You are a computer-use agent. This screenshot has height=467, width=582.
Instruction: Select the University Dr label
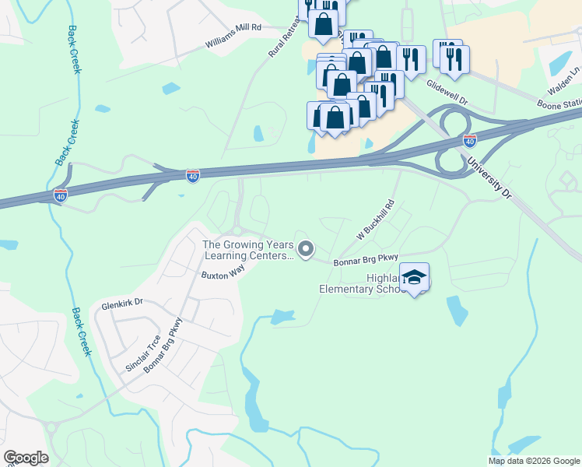(489, 178)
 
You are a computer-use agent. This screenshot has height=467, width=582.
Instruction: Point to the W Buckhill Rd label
(377, 219)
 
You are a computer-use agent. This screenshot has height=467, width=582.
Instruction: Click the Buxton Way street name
(223, 275)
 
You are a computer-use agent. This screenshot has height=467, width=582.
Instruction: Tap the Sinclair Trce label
(143, 353)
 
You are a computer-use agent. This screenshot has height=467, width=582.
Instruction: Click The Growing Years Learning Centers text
(248, 250)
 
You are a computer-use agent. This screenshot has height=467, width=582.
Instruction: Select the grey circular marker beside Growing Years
(306, 249)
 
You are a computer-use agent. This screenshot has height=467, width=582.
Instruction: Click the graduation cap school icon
(414, 278)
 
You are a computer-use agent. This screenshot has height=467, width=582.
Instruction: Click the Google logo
(26, 458)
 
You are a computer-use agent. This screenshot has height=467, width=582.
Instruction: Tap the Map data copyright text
(534, 461)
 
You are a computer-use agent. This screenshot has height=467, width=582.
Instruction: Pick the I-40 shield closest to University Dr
(469, 141)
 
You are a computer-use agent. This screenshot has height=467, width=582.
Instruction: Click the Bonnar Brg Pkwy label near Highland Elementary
(366, 259)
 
